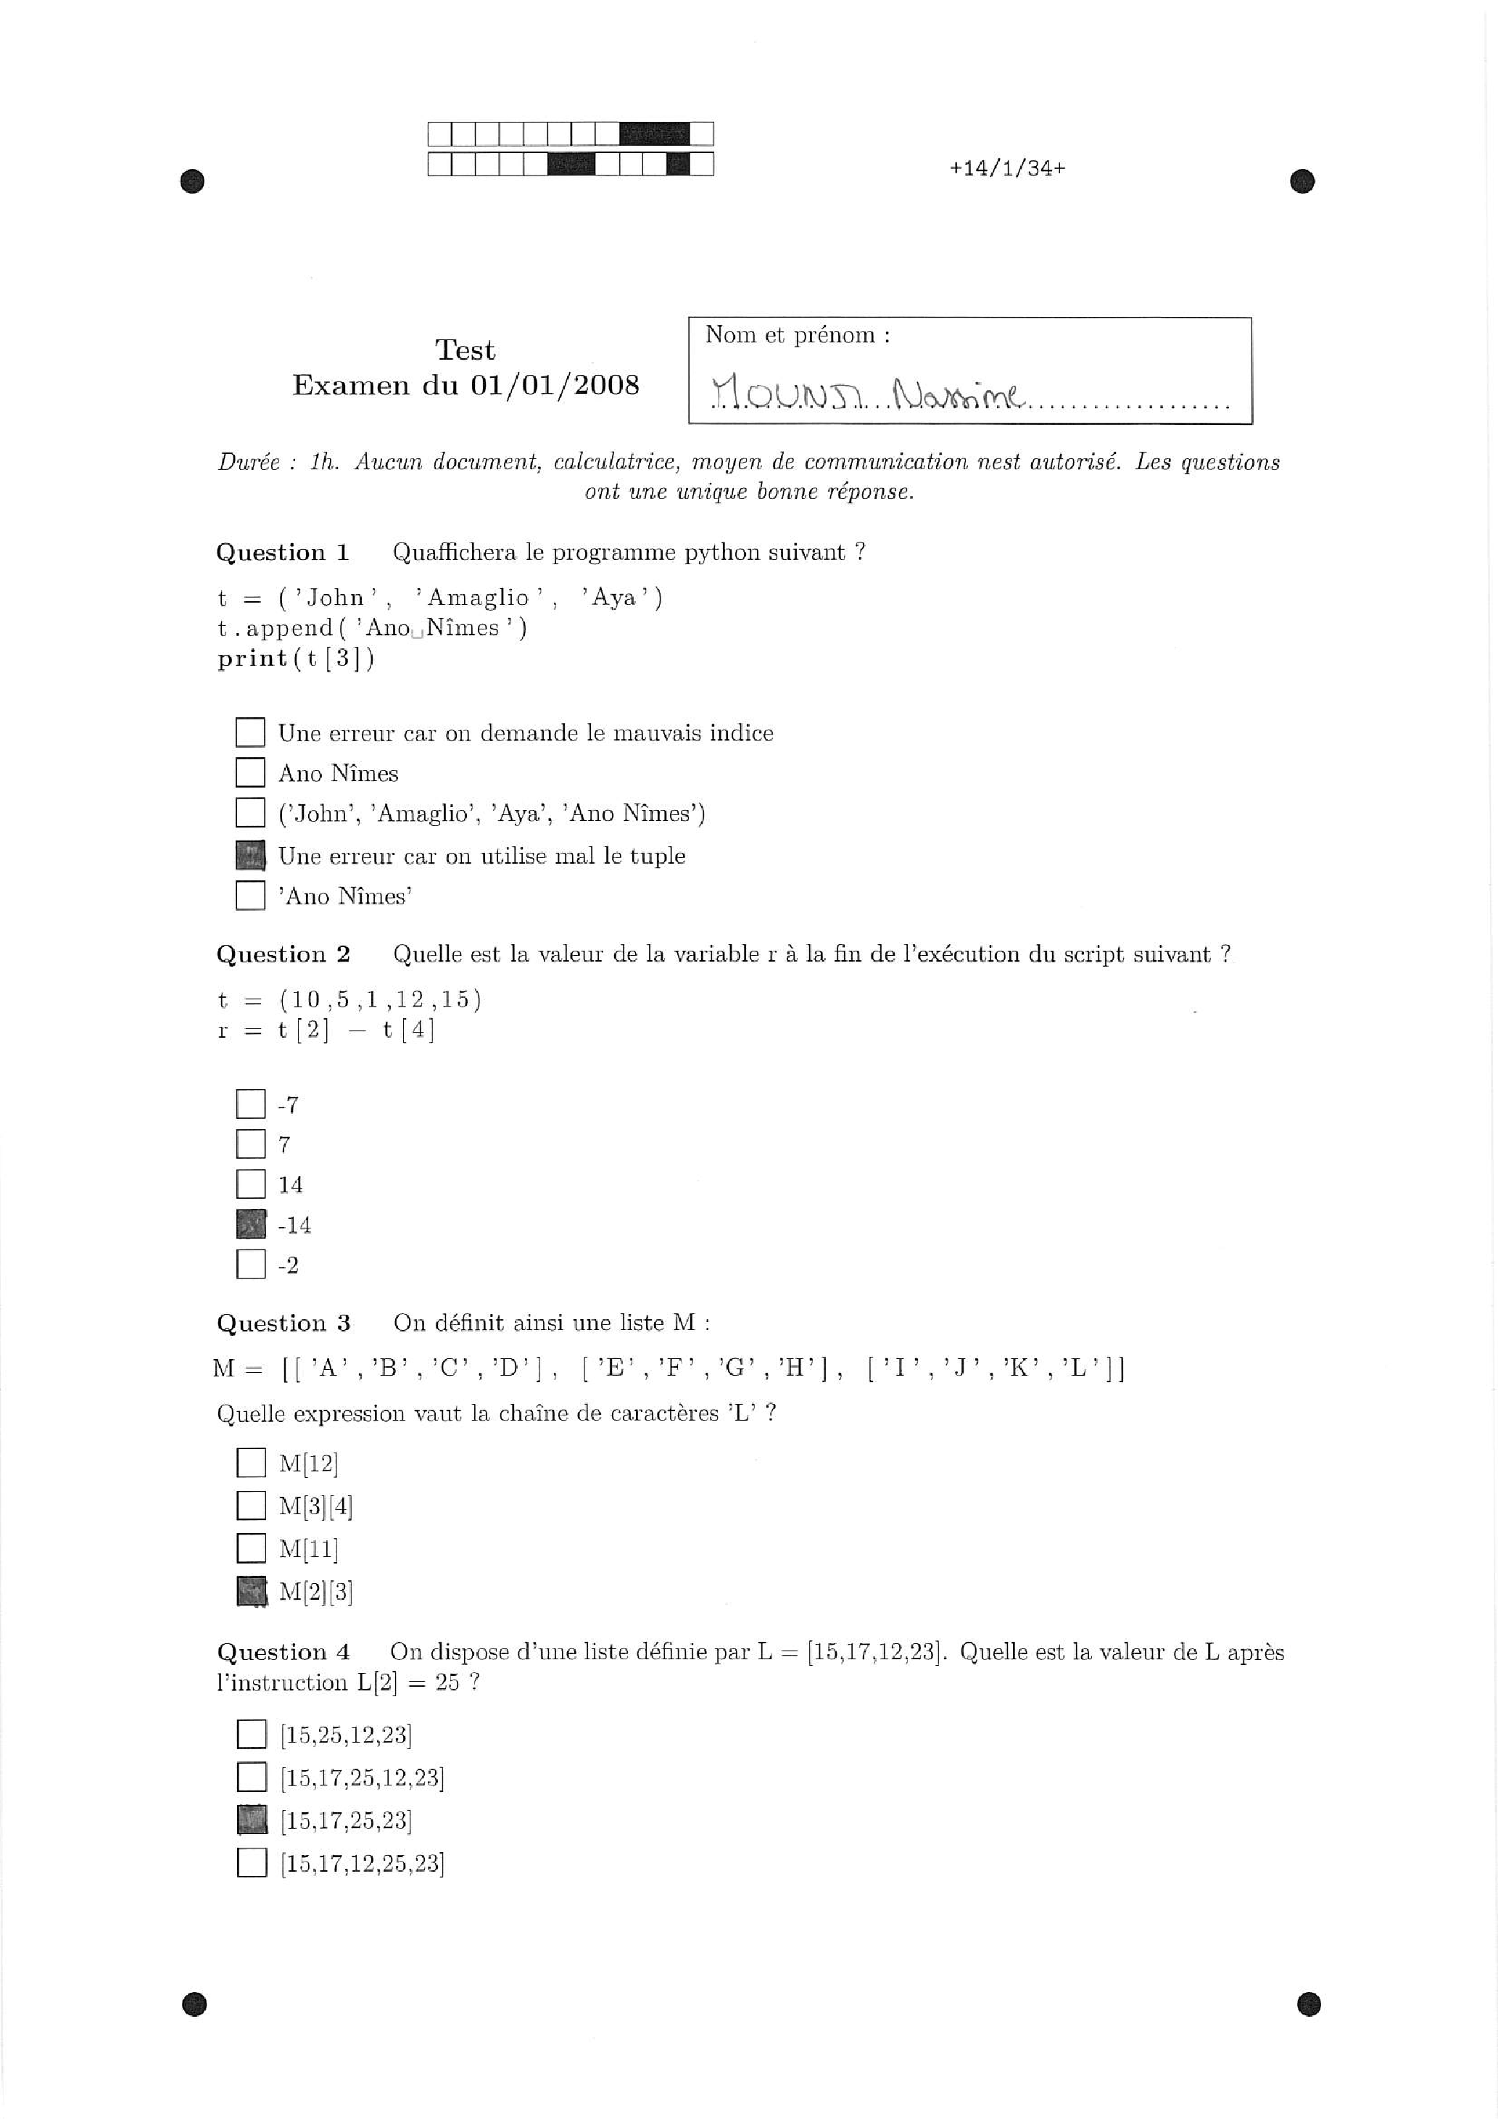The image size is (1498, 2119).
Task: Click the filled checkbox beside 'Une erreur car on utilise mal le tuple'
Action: point(250,856)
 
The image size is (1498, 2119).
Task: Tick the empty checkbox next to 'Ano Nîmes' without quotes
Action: point(250,772)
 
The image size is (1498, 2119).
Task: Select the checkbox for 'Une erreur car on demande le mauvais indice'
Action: point(250,732)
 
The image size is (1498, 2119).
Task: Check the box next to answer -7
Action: point(250,1104)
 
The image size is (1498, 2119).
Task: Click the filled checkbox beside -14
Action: point(250,1225)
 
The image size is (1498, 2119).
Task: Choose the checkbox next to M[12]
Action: point(250,1463)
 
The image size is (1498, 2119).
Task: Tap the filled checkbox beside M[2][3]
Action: point(250,1591)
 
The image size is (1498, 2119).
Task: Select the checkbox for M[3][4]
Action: point(250,1505)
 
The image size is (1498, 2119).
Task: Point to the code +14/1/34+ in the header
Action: point(1007,168)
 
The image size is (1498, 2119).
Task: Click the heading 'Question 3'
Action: point(284,1323)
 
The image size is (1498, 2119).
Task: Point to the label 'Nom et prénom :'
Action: point(798,335)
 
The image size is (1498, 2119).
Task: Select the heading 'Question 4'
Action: point(284,1652)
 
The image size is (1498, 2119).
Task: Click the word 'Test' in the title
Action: point(465,350)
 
